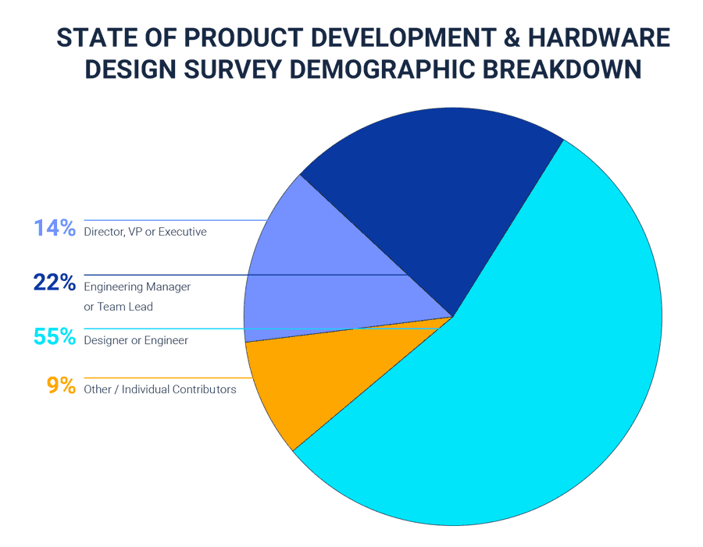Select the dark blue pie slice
click(x=422, y=187)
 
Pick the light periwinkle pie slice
click(x=312, y=265)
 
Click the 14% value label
click(x=54, y=229)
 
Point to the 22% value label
click(x=54, y=282)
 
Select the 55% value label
click(x=54, y=337)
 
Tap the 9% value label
click(x=60, y=385)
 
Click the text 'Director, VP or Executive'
click(x=145, y=232)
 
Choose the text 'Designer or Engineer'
click(x=136, y=340)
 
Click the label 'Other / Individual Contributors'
click(x=160, y=389)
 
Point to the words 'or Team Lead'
click(x=118, y=307)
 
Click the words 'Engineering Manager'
click(x=137, y=286)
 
